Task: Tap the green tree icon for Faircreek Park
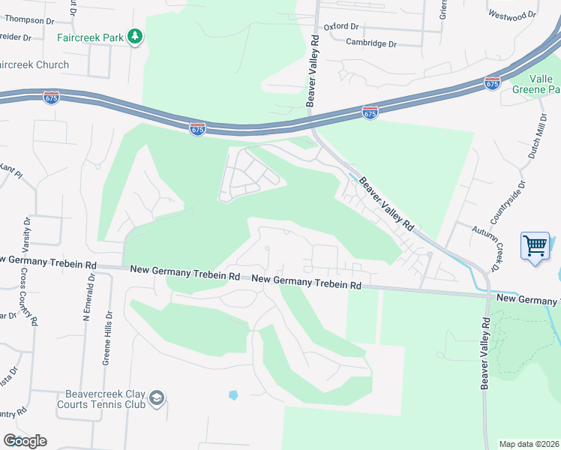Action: [x=135, y=37]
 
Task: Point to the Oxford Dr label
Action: [x=342, y=26]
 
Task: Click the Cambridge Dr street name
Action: [x=370, y=43]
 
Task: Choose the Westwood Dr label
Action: [x=512, y=14]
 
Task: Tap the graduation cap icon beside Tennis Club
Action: [x=157, y=397]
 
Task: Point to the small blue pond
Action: [x=233, y=394]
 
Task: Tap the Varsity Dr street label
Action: [x=26, y=234]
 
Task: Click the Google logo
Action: [x=24, y=440]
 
